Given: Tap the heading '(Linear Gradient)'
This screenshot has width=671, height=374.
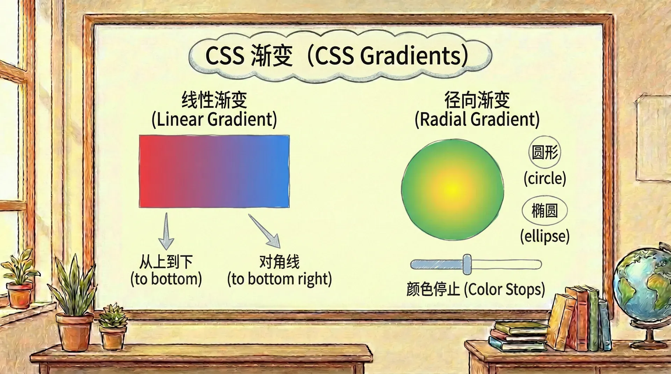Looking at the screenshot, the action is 214,119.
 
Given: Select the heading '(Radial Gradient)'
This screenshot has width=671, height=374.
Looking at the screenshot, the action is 477,119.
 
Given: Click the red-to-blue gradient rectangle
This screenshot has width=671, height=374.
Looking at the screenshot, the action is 214,171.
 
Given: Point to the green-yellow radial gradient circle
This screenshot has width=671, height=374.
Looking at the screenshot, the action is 453,189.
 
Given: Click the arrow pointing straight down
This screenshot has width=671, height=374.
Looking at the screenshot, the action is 166,232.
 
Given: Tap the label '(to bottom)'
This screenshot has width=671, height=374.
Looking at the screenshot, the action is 166,279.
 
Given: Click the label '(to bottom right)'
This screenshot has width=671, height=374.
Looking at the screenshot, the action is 280,279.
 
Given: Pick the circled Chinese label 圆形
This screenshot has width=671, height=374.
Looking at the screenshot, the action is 544,152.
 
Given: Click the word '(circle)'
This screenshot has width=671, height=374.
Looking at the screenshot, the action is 544,178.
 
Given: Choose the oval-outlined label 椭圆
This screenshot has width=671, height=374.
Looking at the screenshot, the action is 544,211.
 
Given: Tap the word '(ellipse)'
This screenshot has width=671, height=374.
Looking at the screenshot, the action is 544,236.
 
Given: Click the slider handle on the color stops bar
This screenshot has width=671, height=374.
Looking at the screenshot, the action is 467,264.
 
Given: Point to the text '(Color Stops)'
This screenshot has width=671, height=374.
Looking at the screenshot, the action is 504,290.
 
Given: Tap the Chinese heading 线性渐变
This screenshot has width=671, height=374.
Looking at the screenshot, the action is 214,100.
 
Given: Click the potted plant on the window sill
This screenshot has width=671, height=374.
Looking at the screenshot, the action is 20,279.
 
